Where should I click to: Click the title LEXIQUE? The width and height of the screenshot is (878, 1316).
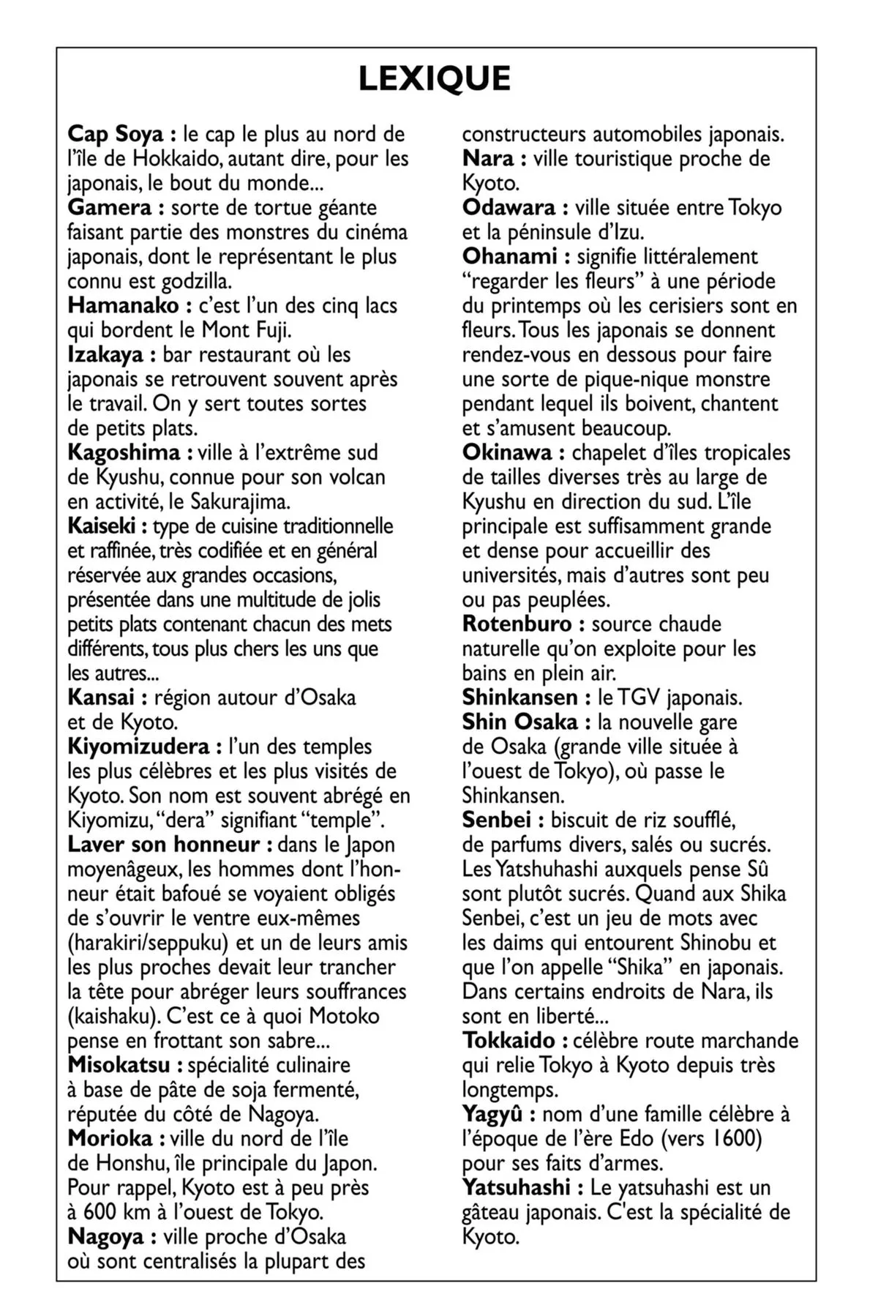(x=435, y=80)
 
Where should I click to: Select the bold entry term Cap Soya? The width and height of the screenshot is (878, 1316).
(x=117, y=135)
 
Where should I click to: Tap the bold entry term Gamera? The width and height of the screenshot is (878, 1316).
(x=110, y=208)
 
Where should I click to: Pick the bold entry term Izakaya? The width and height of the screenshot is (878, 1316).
(x=105, y=355)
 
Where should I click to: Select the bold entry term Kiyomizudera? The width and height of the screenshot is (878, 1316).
(x=138, y=747)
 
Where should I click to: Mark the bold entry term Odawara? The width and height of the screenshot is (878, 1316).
(x=509, y=208)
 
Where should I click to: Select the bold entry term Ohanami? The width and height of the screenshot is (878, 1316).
(x=509, y=257)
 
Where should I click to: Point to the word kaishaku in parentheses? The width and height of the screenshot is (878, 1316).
(x=110, y=1016)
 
